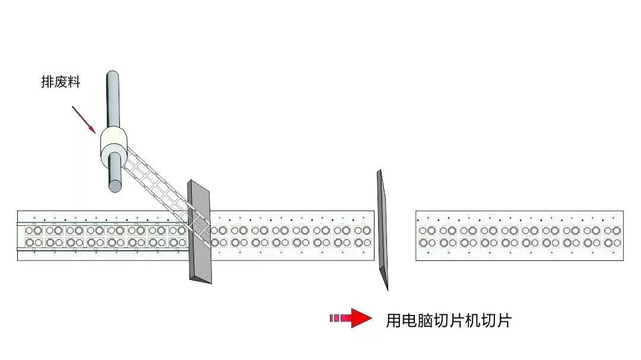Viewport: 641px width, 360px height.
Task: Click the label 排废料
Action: (61, 82)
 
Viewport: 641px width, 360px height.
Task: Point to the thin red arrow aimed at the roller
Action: (84, 120)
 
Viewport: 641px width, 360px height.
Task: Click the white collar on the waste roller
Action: (113, 148)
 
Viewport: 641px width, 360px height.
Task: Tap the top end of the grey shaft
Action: (113, 75)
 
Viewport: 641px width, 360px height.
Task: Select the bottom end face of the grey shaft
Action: (115, 186)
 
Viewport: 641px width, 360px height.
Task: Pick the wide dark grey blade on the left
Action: (199, 232)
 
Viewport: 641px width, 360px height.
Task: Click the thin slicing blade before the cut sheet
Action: (383, 230)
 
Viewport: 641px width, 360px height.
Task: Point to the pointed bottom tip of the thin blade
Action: (387, 290)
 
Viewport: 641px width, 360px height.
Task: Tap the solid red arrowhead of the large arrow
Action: (361, 318)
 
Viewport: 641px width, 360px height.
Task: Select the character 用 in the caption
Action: (393, 321)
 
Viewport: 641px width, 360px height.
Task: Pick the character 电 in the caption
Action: (409, 321)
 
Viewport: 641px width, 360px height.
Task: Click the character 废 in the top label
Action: (61, 82)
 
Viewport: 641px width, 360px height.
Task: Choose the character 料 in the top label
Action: (74, 82)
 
